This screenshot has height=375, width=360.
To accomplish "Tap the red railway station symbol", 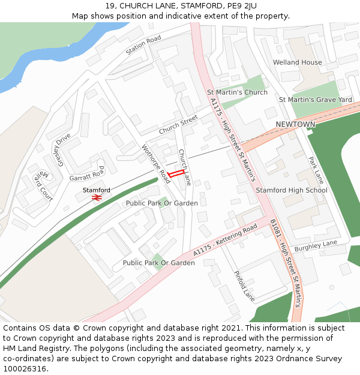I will click(97, 197).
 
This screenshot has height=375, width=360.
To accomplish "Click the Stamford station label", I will click(97, 190).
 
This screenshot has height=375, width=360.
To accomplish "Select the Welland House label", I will click(298, 62).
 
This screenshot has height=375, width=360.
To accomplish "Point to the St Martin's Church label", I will click(237, 92).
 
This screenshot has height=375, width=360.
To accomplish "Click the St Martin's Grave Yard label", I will click(315, 99).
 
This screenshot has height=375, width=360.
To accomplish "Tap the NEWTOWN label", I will click(295, 124).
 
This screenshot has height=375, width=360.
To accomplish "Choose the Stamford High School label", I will click(292, 190).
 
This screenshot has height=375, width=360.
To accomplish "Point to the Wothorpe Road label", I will click(156, 164).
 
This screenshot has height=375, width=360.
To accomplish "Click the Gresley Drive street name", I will click(63, 147).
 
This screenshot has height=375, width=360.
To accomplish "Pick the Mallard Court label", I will click(44, 186).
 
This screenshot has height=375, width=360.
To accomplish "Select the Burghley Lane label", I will click(317, 244).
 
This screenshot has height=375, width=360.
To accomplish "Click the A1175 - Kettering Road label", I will click(225, 239).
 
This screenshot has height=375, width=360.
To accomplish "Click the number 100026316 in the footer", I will click(26, 368).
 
